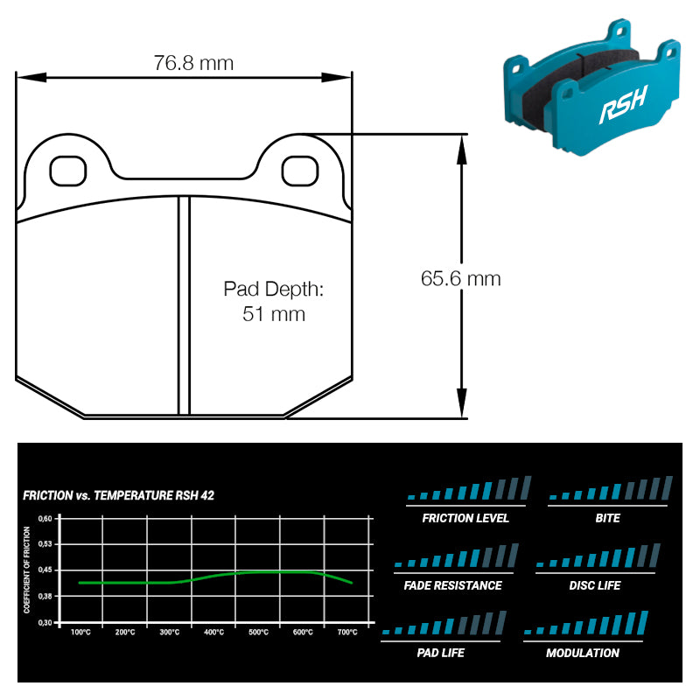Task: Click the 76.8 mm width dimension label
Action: [x=193, y=63]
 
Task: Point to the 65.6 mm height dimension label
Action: [x=461, y=278]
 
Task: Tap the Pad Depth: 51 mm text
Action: [x=273, y=301]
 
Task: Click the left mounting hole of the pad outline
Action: [x=68, y=171]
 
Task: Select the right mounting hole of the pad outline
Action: [x=300, y=171]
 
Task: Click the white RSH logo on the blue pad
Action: [x=623, y=104]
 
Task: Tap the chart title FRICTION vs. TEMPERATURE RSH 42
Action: [x=118, y=495]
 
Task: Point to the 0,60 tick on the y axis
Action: [x=45, y=518]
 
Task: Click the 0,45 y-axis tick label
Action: [x=45, y=570]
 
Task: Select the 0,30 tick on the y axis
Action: [x=45, y=622]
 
